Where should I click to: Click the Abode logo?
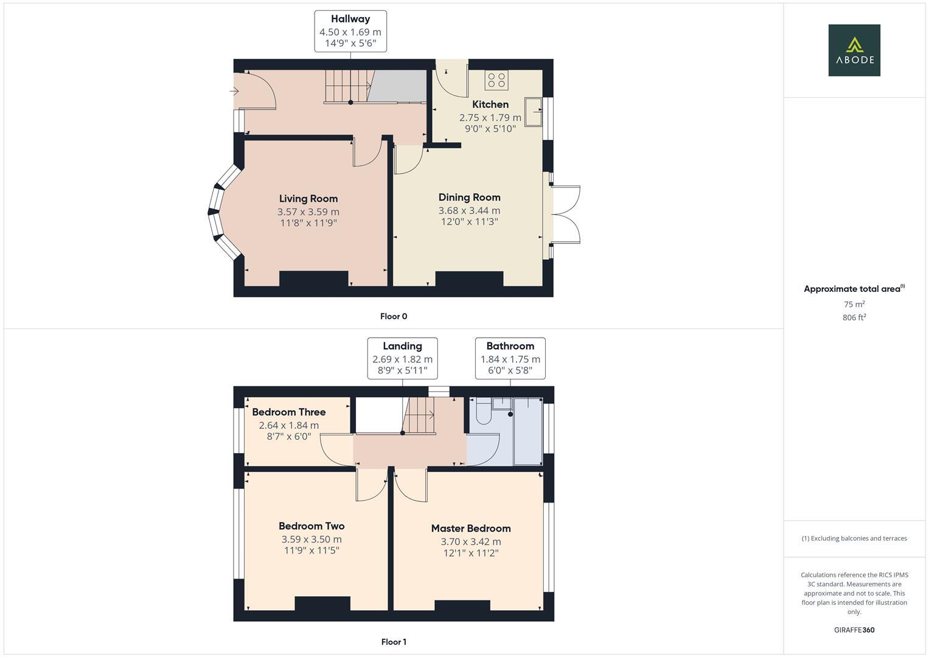click(x=854, y=50)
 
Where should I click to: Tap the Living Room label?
click(x=308, y=198)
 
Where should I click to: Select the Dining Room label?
click(x=469, y=197)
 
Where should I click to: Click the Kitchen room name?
click(x=490, y=104)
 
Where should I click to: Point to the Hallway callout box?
click(x=350, y=31)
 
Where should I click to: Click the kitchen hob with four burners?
click(x=496, y=79)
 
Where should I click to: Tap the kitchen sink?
click(x=534, y=111)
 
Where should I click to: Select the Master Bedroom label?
click(x=470, y=528)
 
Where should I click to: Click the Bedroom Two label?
click(x=311, y=526)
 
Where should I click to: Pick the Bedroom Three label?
click(x=288, y=412)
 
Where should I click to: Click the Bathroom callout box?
click(x=510, y=358)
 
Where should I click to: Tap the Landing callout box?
click(x=402, y=358)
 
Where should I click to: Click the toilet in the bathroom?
click(x=484, y=413)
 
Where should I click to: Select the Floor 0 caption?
click(x=393, y=316)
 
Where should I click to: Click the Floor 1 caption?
click(x=393, y=642)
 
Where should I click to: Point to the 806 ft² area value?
click(x=854, y=318)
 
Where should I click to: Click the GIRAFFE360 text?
click(x=854, y=630)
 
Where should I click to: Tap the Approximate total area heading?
click(x=854, y=289)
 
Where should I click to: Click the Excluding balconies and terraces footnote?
click(x=854, y=538)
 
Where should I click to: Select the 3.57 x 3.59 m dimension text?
click(x=308, y=212)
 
